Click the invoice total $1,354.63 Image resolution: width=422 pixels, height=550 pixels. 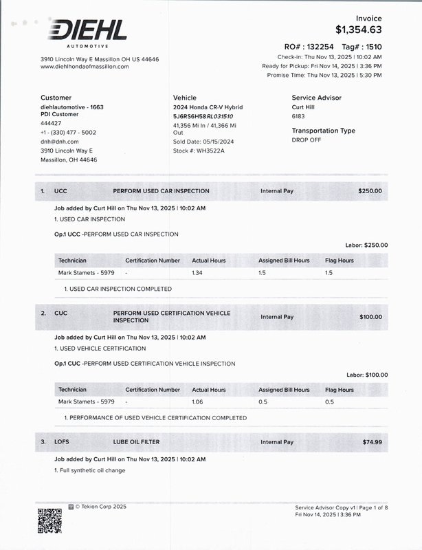click(x=358, y=30)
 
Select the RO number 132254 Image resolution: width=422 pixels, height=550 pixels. click(x=318, y=47)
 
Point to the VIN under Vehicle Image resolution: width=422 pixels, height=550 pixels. click(x=203, y=117)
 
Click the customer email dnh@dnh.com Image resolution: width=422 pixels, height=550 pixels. click(x=60, y=142)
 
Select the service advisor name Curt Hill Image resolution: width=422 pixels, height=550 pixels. click(x=306, y=108)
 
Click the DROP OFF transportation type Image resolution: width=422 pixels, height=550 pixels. click(x=307, y=140)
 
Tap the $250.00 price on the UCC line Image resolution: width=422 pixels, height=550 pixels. click(x=370, y=191)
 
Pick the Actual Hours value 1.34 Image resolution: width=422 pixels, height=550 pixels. click(x=198, y=273)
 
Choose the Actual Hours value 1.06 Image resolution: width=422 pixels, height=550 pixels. click(x=198, y=401)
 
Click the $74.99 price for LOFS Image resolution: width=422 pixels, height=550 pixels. click(x=372, y=442)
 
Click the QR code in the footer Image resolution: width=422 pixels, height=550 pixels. click(x=49, y=520)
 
